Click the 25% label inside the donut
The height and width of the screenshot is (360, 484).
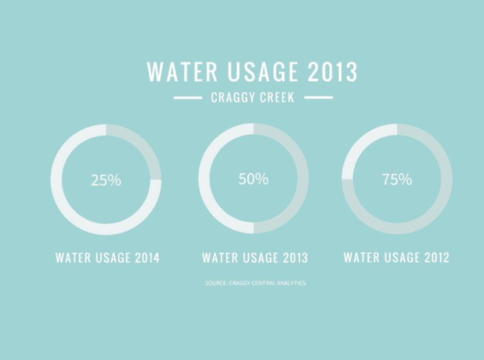tap(106, 180)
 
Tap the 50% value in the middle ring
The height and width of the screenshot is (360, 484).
tap(253, 179)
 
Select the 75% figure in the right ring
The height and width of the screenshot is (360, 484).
tap(397, 180)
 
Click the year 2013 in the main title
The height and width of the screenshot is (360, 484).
tap(332, 72)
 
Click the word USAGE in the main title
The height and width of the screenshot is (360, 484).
tap(261, 72)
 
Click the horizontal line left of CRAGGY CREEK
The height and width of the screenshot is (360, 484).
tap(187, 98)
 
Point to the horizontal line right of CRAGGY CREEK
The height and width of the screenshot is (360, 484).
tap(318, 98)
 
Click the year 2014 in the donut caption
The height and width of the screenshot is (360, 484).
tap(147, 257)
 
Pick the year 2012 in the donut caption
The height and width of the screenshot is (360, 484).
tap(436, 257)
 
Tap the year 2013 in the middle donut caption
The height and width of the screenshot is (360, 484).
tap(295, 257)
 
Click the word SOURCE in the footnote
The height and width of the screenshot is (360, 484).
tap(216, 283)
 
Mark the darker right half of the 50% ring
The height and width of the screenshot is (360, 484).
tap(303, 179)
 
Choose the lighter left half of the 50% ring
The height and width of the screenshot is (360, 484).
tap(205, 179)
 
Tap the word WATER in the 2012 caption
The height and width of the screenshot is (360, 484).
tap(361, 257)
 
